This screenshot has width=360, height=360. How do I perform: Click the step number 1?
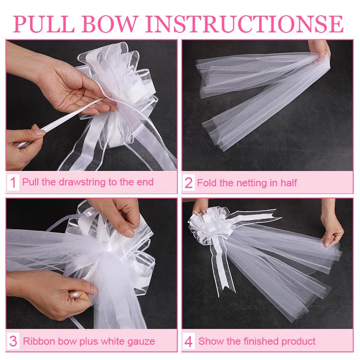click(13, 183)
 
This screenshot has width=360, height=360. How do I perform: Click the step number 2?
click(189, 183)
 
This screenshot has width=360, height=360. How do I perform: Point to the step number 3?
click(13, 341)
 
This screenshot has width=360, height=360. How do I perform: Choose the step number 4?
click(189, 341)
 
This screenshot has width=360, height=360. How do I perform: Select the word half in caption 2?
click(288, 183)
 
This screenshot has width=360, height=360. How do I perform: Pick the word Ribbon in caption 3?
click(35, 341)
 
